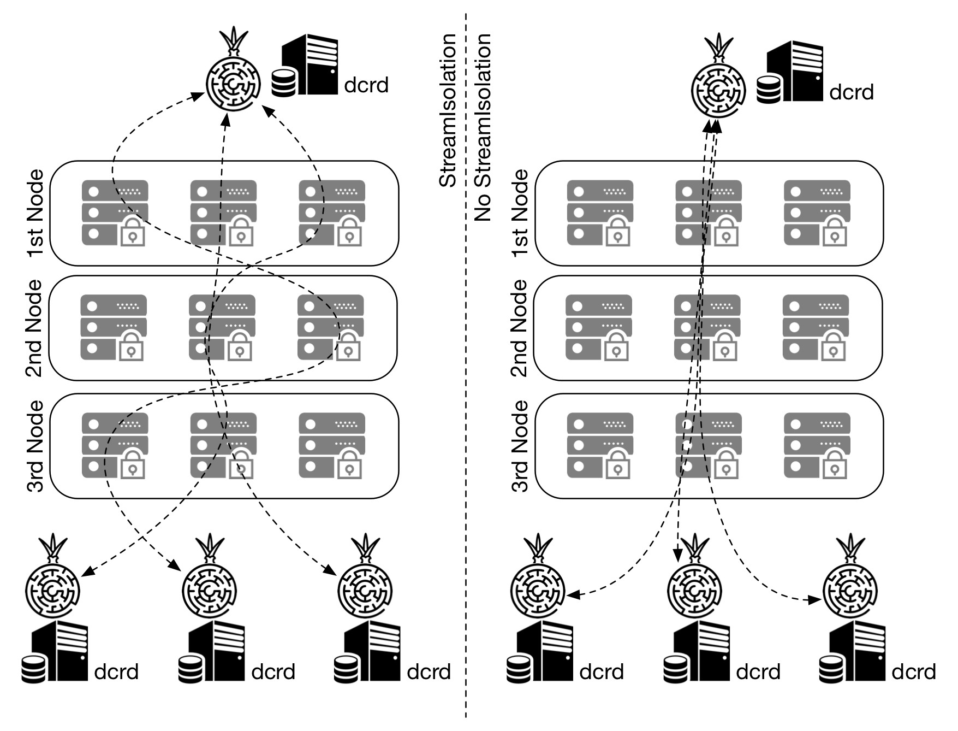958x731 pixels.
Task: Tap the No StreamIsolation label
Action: click(483, 127)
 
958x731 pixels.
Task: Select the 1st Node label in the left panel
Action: click(35, 213)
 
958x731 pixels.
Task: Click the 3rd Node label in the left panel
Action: click(35, 446)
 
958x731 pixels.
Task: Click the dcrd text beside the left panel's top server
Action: click(366, 85)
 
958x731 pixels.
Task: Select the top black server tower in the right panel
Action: click(795, 71)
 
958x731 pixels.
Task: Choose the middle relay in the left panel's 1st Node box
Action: click(223, 213)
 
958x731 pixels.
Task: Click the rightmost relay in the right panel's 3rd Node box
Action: click(817, 446)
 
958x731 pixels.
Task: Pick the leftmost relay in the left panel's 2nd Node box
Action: click(114, 328)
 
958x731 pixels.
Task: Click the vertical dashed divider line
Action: click(466, 382)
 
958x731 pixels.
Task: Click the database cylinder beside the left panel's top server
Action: click(284, 83)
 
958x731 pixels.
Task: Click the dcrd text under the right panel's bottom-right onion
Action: click(913, 672)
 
